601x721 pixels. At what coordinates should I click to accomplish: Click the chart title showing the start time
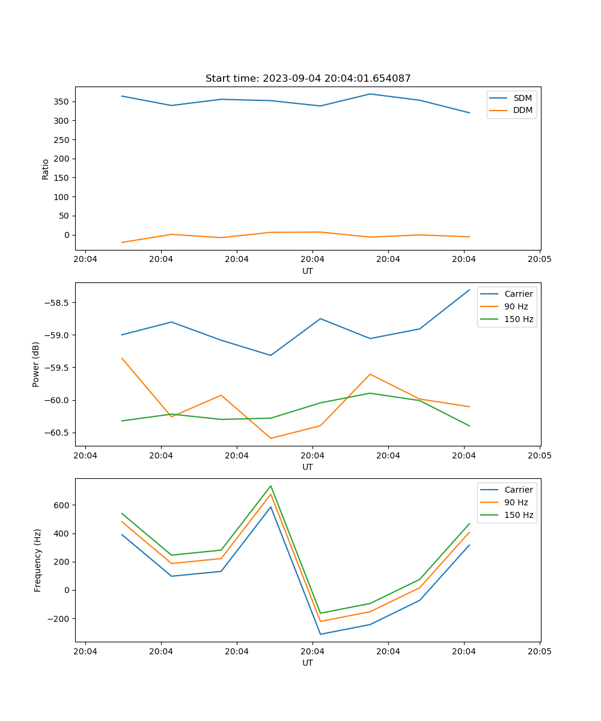click(308, 79)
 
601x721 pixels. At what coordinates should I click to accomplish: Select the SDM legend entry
click(522, 98)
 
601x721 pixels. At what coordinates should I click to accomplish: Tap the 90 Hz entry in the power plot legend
click(516, 306)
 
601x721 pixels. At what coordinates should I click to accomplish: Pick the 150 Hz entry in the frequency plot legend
click(519, 515)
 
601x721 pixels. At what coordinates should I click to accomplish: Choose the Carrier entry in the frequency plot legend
click(518, 490)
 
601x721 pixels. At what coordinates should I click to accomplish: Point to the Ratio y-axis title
click(46, 169)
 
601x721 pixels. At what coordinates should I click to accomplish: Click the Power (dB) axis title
click(36, 364)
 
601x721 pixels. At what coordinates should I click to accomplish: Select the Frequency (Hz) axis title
click(38, 560)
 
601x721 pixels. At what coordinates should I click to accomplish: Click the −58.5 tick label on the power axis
click(56, 303)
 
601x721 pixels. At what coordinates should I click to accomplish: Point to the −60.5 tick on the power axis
click(56, 433)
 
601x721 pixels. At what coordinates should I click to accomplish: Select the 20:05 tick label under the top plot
click(539, 260)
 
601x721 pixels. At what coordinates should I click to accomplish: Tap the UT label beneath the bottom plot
click(308, 663)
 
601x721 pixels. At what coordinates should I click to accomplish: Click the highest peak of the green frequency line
click(270, 486)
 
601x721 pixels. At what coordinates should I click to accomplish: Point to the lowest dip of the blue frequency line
click(320, 634)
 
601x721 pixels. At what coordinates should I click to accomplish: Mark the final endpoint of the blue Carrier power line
click(469, 290)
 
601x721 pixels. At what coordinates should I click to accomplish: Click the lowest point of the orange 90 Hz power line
click(270, 438)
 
